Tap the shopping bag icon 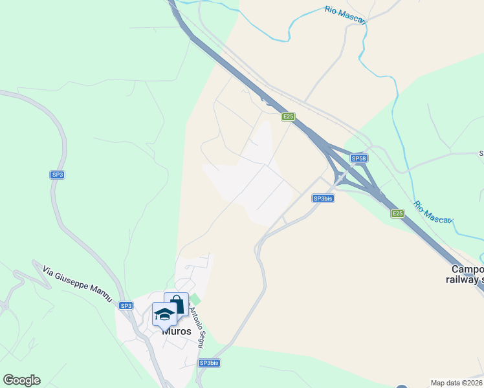coord(176,304)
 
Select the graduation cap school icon coord(164,315)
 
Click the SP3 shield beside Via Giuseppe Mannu coord(126,306)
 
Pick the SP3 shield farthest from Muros coord(58,175)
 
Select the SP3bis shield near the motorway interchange coord(322,199)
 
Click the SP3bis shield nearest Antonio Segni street coord(209,363)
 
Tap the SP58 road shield coord(359,158)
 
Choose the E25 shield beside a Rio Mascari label coord(397,213)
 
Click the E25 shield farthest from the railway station coord(289,117)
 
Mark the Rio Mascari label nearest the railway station coord(433,210)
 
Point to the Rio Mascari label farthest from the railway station coord(346,15)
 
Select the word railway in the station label coord(460,279)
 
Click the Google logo coord(21,380)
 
